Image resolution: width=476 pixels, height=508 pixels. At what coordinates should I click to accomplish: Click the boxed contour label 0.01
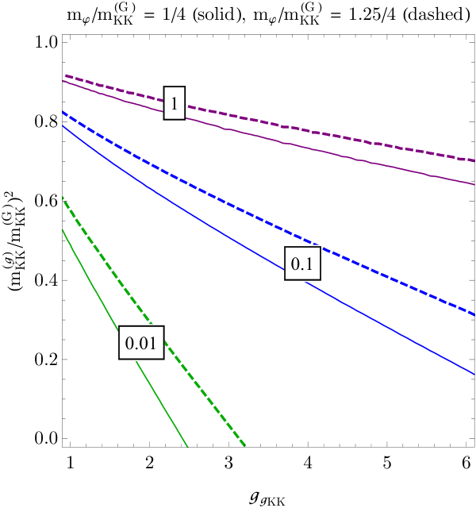[x=141, y=342]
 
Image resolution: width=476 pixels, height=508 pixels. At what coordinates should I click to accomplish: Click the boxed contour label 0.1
[x=302, y=263]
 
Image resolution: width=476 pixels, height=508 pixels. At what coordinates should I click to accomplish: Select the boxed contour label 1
[x=175, y=103]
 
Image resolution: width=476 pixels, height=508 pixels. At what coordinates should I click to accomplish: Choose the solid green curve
[x=125, y=337]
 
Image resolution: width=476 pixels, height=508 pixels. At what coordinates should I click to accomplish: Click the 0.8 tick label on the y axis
[x=46, y=121]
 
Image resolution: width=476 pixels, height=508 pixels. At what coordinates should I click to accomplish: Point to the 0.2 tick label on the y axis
[x=46, y=360]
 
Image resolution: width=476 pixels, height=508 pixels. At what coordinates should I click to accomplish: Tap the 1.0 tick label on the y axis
[x=46, y=42]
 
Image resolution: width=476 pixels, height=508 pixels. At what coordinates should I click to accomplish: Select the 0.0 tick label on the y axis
[x=46, y=438]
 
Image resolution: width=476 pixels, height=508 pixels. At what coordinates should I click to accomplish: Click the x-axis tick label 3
[x=228, y=463]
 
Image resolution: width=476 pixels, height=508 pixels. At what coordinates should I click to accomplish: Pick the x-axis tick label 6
[x=466, y=463]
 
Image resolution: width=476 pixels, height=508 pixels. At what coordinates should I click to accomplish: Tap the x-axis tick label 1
[x=71, y=463]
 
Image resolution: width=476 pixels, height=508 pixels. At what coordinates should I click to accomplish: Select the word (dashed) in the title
[x=436, y=14]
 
